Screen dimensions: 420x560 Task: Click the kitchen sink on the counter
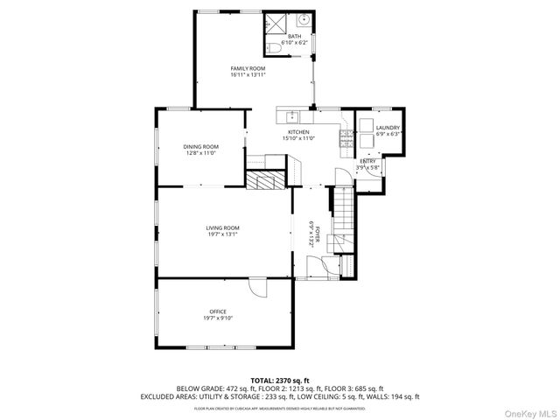[292, 115]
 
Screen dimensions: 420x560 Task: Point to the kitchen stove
[346, 136]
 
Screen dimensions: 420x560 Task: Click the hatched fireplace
[262, 180]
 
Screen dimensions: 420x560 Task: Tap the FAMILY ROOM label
[248, 68]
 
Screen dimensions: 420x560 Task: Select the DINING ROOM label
[200, 146]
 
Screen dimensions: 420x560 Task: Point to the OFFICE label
[218, 311]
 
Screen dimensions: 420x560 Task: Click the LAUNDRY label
[388, 128]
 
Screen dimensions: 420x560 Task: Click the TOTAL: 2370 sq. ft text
[279, 380]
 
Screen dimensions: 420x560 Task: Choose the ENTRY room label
[368, 161]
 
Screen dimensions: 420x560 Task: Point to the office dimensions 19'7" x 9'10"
[218, 318]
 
